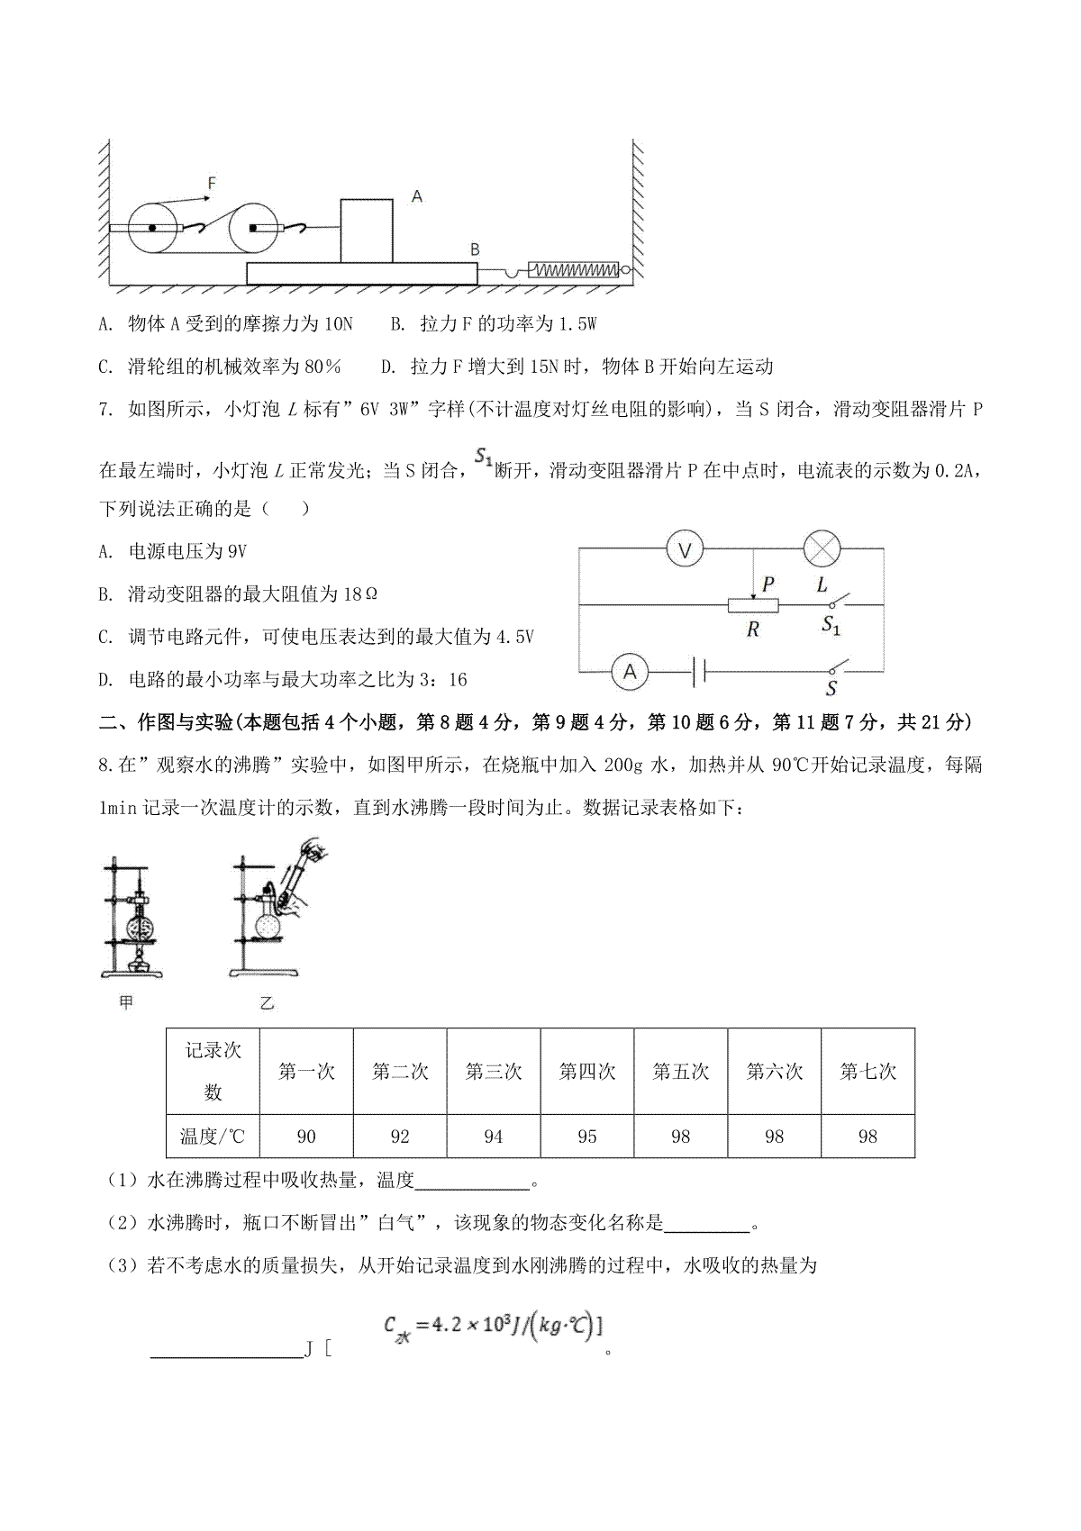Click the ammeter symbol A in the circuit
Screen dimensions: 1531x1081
[x=630, y=672]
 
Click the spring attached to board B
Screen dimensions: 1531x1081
[x=573, y=269]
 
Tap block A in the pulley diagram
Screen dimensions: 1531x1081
[x=367, y=231]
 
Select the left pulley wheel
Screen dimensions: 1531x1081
[x=152, y=229]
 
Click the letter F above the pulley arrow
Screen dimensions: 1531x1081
[x=212, y=183]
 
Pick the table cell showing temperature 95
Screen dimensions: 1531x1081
[x=587, y=1137]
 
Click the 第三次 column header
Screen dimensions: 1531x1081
[x=494, y=1072]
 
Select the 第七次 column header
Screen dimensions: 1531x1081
[x=868, y=1072]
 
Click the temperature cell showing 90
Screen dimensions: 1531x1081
[x=306, y=1137]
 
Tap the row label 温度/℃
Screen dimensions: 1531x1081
[x=213, y=1137]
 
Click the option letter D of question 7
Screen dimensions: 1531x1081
[x=106, y=680]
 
